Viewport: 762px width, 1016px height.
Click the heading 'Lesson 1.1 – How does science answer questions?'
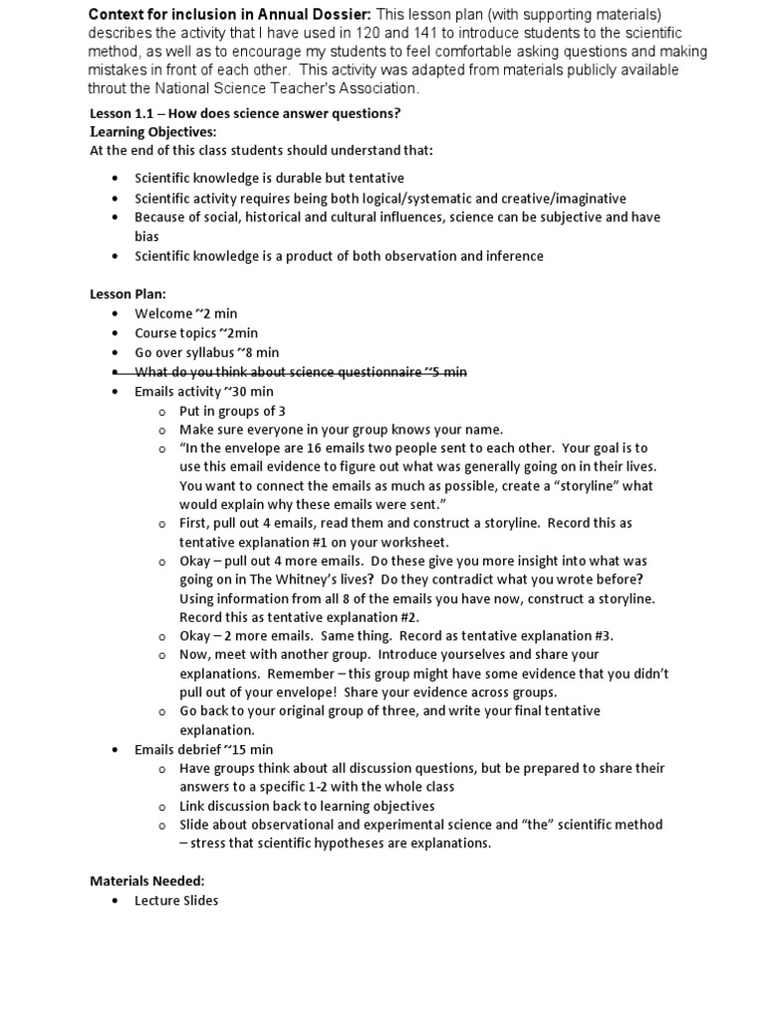click(x=245, y=113)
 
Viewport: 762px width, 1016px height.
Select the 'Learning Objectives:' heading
click(x=153, y=132)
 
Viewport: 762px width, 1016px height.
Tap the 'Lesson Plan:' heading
click(x=128, y=295)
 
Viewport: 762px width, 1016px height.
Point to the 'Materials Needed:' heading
click(x=147, y=880)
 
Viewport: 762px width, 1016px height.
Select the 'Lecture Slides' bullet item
click(x=176, y=900)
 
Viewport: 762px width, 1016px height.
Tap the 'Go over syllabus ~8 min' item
click(x=206, y=352)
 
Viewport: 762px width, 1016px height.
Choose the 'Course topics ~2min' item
click(x=195, y=333)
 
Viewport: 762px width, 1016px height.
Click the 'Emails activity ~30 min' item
click(x=203, y=392)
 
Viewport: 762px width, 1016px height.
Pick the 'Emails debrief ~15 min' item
click(x=203, y=749)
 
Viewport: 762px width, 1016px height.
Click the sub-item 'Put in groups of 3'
click(x=227, y=411)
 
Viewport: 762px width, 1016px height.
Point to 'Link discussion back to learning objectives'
click(x=307, y=806)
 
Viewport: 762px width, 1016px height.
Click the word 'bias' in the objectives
click(x=147, y=237)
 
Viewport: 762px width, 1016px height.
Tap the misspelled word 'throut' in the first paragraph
click(x=110, y=88)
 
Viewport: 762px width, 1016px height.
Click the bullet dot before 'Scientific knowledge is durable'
click(x=115, y=179)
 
